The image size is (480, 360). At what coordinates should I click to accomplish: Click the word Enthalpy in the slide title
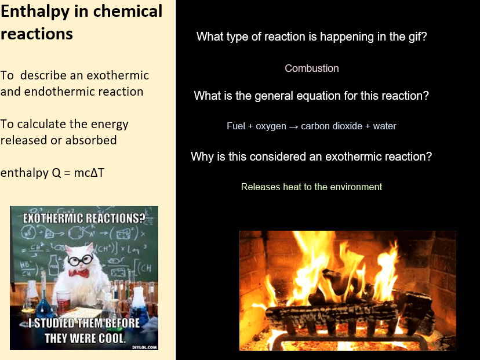pyautogui.click(x=33, y=12)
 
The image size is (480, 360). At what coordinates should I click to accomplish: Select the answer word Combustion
pyautogui.click(x=311, y=68)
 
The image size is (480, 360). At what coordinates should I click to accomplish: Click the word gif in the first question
pyautogui.click(x=414, y=37)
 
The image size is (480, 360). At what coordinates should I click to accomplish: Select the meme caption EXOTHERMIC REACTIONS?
pyautogui.click(x=84, y=219)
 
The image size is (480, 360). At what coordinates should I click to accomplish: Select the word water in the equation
pyautogui.click(x=384, y=126)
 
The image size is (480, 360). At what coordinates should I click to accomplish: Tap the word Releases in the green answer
pyautogui.click(x=259, y=187)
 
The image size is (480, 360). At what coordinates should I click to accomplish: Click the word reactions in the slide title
pyautogui.click(x=37, y=34)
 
